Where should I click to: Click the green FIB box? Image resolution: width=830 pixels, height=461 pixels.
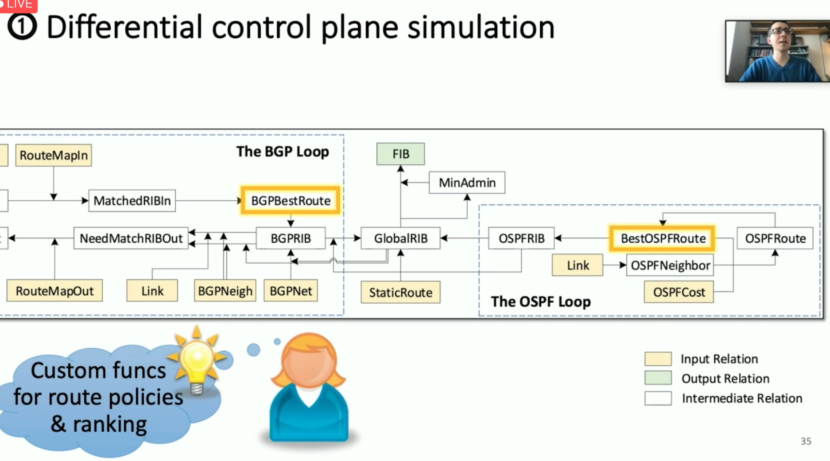click(400, 154)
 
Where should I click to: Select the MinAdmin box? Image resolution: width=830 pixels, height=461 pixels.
click(467, 183)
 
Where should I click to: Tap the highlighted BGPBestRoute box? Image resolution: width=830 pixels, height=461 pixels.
click(291, 201)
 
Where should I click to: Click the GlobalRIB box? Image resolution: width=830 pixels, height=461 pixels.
click(400, 238)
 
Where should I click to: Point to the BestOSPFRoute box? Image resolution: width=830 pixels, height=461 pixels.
click(663, 238)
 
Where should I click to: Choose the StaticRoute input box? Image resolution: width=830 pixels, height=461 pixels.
click(400, 293)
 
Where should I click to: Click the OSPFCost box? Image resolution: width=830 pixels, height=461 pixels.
click(679, 292)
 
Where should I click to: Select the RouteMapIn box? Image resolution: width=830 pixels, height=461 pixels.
click(54, 155)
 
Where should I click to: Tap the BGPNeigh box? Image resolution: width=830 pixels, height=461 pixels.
click(225, 291)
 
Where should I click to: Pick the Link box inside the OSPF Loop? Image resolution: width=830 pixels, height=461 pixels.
click(578, 265)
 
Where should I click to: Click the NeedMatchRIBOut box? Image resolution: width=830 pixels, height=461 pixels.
click(131, 238)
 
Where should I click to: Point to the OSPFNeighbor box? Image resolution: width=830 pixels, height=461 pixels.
click(670, 265)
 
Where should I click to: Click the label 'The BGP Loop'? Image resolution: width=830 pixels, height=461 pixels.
click(283, 152)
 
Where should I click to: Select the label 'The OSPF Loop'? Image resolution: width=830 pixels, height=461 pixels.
click(541, 301)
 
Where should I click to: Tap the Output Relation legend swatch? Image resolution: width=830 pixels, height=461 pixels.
click(658, 378)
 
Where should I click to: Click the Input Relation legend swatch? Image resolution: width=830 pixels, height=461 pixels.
click(658, 359)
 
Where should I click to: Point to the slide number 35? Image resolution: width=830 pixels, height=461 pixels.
click(806, 441)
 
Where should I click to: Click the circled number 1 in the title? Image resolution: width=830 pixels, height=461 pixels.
click(22, 27)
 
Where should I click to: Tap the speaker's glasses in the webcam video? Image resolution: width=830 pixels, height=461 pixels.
click(781, 31)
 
